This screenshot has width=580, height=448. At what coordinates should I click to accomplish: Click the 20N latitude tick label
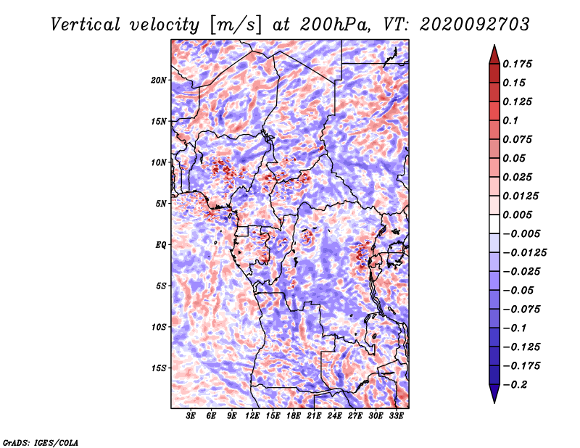pos(158,80)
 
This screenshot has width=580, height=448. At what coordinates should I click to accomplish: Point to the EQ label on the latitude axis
pos(160,245)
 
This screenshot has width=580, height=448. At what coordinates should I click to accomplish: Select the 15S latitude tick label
pos(158,368)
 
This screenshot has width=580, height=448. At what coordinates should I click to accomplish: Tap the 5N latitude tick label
pos(160,204)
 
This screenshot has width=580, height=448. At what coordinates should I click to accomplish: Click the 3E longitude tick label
pos(191,415)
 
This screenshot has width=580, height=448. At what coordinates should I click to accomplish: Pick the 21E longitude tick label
pos(314,415)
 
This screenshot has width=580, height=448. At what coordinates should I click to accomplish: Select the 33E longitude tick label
pos(396,415)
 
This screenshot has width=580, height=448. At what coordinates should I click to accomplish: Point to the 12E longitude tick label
pos(252,415)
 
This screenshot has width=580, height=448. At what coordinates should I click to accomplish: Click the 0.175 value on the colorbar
pos(517,64)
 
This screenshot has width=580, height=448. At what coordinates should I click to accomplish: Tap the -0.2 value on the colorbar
pos(515,385)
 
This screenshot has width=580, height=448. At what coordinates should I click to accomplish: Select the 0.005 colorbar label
pos(517,215)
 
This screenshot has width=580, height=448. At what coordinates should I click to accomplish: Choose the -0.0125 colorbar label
pos(524,253)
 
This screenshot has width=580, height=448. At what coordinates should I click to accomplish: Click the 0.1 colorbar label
pos(510,120)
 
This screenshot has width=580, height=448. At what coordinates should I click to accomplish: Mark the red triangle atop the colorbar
pos(494,54)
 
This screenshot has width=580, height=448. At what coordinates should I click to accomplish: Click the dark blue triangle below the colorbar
pos(494,394)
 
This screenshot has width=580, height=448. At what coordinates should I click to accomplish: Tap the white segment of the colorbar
pos(494,224)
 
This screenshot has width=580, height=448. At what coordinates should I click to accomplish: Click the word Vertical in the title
pos(86,25)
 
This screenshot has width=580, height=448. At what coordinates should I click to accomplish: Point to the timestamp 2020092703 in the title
pos(475,25)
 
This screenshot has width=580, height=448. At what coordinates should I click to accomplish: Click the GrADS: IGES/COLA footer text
pos(41,442)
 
